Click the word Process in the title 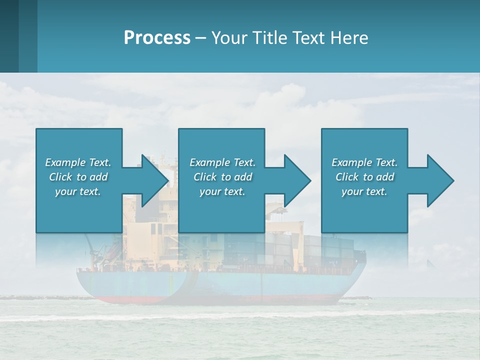157,38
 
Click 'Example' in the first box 65,162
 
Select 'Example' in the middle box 209,162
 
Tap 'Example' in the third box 351,162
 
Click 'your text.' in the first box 78,191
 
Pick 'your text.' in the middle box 222,191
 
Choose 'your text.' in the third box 364,191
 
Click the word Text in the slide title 308,38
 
